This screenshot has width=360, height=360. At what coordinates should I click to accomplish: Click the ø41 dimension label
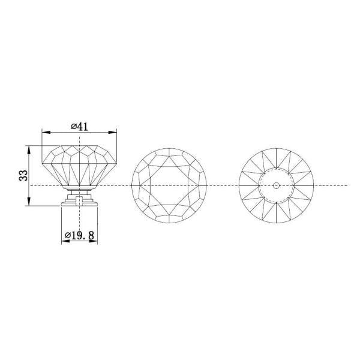coord(79,127)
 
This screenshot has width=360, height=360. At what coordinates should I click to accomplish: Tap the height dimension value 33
coord(23,175)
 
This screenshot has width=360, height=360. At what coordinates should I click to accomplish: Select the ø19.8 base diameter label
coord(80,235)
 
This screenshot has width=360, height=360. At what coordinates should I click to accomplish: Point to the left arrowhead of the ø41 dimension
coord(46,132)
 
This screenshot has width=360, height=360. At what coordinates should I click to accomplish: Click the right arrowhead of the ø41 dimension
coord(113,132)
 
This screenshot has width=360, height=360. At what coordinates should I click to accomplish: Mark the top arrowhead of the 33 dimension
coord(29,149)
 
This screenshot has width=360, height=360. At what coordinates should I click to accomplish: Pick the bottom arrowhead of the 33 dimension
coord(29,202)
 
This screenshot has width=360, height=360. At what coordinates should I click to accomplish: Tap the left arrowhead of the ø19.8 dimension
coord(65,241)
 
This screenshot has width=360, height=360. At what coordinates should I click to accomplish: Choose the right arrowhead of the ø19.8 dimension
coord(94,241)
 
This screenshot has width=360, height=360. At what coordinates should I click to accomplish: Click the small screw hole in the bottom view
coord(276,185)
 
